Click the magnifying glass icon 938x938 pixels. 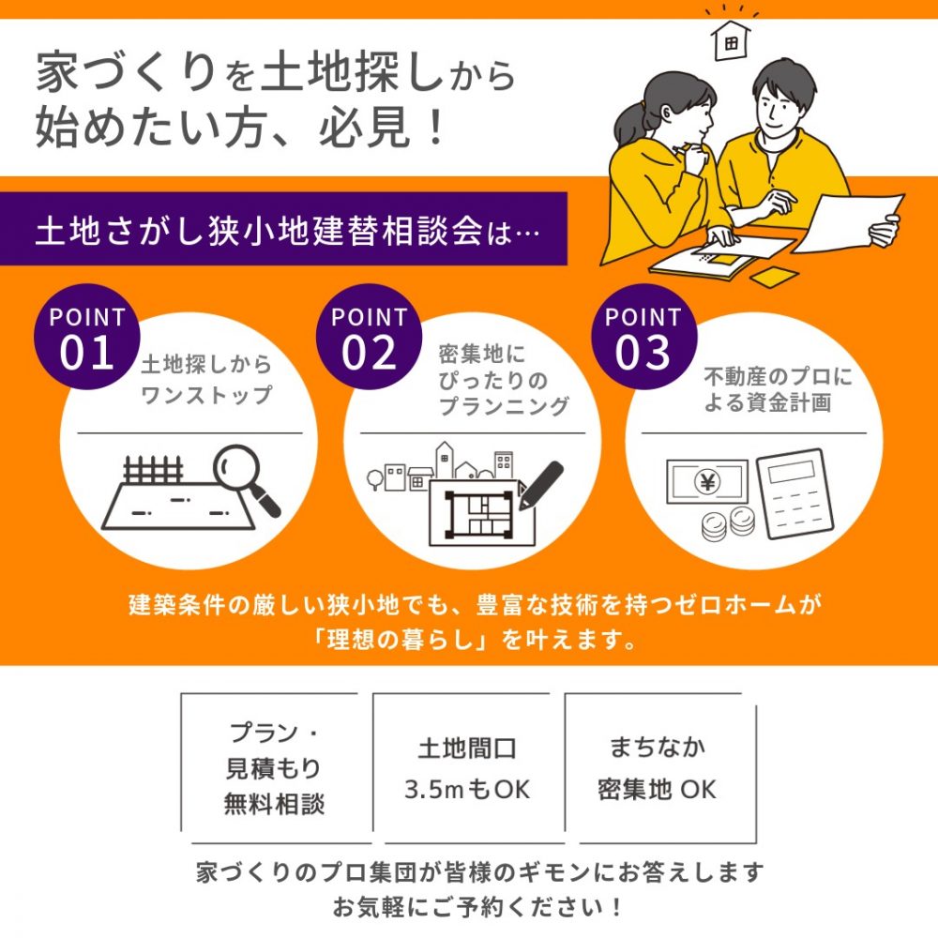point(246,479)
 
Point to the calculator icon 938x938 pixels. point(794,493)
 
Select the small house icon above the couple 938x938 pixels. point(731,40)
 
